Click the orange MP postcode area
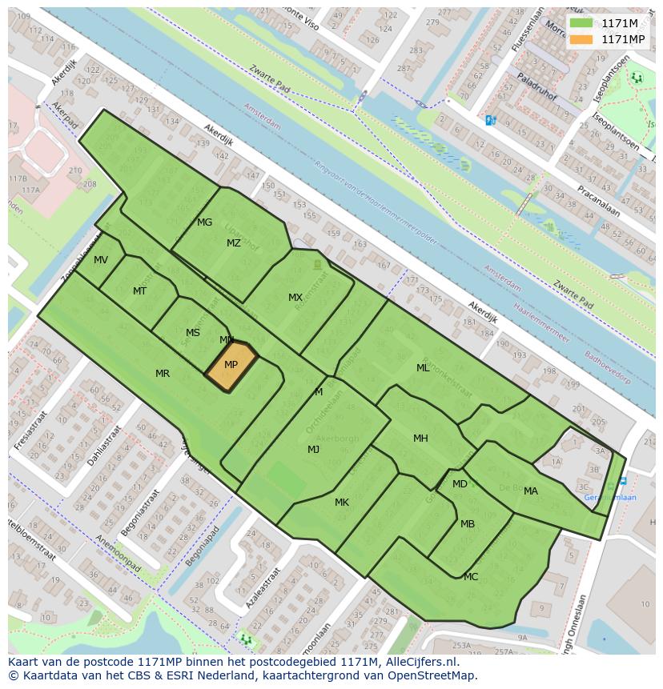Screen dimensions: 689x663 click(231, 366)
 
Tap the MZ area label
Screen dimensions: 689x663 click(233, 243)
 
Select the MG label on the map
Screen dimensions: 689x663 click(204, 222)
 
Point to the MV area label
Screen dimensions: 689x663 click(101, 260)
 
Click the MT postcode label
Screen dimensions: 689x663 click(139, 291)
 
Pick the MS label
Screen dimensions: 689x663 click(193, 333)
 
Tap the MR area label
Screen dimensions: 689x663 click(163, 374)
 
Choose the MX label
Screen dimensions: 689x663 click(295, 298)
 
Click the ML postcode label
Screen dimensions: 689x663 click(423, 368)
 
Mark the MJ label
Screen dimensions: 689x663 click(313, 450)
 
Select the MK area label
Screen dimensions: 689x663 click(342, 503)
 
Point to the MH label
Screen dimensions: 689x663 click(420, 439)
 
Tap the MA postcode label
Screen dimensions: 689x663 click(531, 491)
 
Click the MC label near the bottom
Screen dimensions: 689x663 click(471, 577)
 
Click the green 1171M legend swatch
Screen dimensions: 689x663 click(582, 23)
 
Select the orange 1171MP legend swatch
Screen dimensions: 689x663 click(582, 39)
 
